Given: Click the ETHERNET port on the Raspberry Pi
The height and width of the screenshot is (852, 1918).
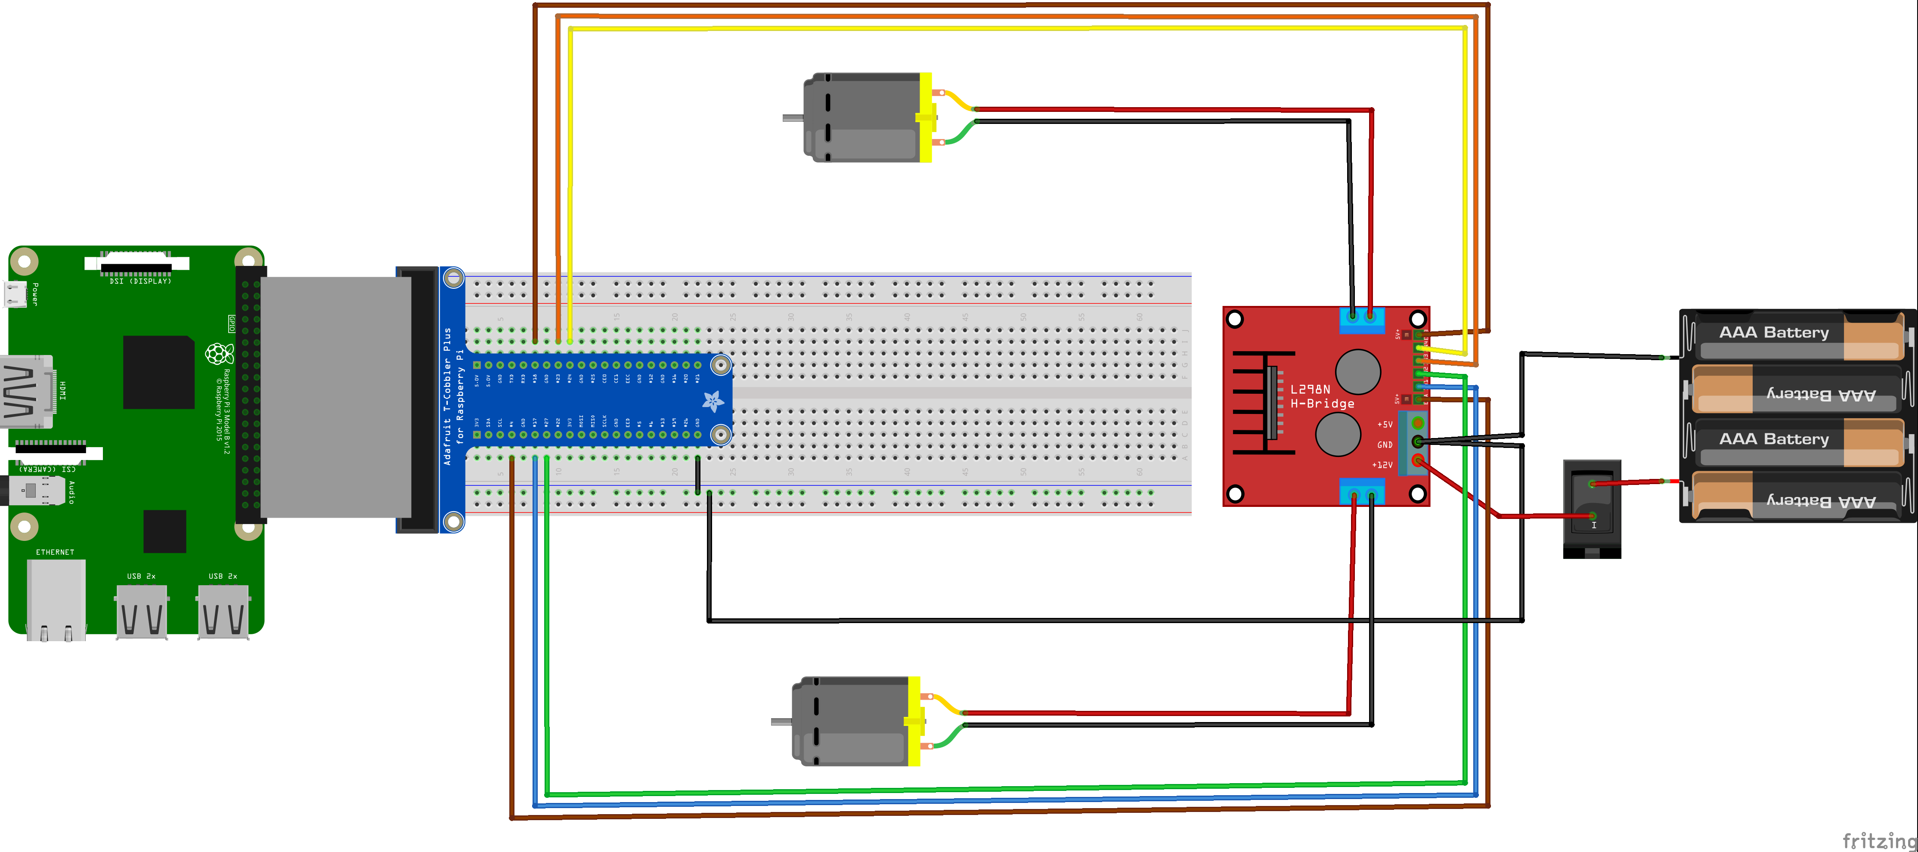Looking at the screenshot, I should point(56,595).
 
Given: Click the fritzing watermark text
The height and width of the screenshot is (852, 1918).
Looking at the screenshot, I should point(1878,841).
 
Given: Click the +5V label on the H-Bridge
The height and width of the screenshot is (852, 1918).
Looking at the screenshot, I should point(1384,425).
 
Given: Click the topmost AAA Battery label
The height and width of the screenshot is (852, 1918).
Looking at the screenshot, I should point(1773,333).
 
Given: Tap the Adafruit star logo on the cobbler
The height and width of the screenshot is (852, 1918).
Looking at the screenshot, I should point(713,401).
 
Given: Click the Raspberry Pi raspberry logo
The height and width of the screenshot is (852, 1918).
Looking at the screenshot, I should point(219,353).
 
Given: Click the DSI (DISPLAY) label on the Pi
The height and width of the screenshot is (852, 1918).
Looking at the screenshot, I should point(140,281).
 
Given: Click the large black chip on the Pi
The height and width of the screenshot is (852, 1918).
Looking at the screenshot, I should point(158,372).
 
